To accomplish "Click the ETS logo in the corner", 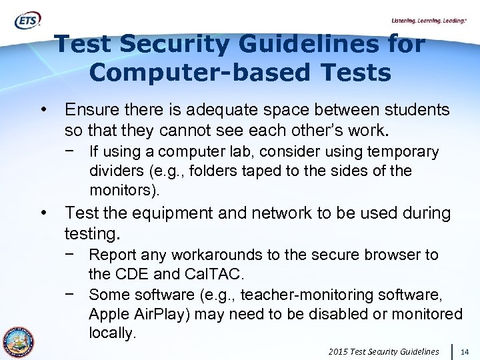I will (x=27, y=21).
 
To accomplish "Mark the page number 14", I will (x=465, y=351).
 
